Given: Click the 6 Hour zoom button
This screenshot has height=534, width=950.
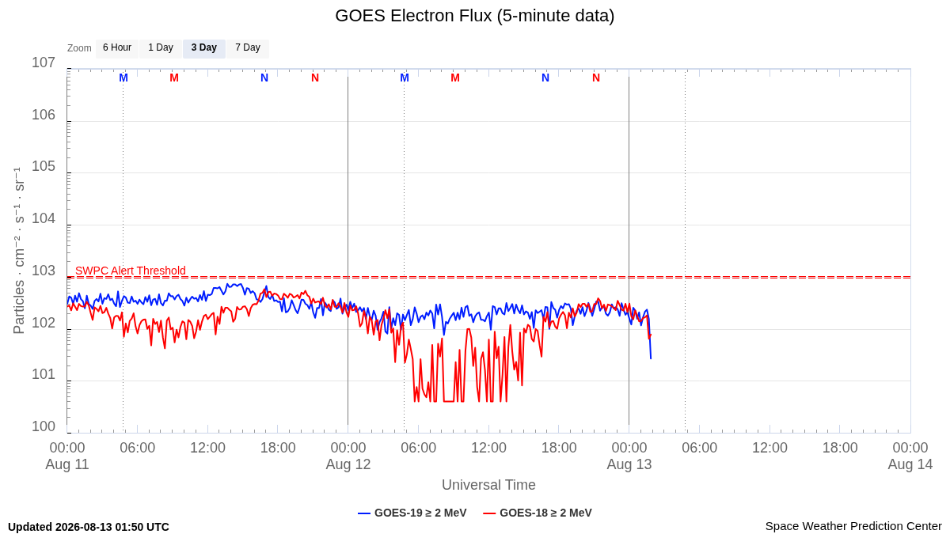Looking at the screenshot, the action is pos(117,48).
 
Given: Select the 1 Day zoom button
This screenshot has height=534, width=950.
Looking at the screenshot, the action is pos(161,48).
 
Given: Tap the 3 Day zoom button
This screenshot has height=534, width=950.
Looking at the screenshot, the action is pos(204,48).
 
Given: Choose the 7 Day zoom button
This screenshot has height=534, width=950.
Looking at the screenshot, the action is pos(248,48).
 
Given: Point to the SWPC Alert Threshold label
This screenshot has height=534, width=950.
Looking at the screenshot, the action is pos(131,271).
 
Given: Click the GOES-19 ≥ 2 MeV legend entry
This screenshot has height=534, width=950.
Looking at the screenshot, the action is pos(412,513).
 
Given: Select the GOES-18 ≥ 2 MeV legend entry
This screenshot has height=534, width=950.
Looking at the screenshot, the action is pos(538,513).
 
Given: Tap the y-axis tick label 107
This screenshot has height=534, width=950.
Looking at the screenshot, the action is pos(44,62).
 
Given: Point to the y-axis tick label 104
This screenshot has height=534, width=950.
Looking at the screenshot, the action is pos(44,218).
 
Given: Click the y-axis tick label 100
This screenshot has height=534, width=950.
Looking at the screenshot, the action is pos(44,426).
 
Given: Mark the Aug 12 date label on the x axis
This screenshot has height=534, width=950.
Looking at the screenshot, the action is pos(348,464).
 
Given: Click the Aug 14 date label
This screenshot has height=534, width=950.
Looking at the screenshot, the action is pos(910,464).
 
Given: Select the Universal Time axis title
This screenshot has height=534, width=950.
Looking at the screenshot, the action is pos(488,485).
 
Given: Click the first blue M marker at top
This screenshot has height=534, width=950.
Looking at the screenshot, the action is pos(123,78).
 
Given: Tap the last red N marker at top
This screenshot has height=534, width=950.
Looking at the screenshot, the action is pos(596,78).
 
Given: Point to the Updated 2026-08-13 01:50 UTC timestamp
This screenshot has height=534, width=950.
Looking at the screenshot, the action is pos(89,527).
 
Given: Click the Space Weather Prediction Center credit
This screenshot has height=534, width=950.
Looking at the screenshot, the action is pos(853,526).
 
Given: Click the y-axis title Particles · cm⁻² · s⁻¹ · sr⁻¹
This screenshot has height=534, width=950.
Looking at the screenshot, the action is pos(19,251).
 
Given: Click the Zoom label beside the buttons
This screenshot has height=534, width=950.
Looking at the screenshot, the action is pos(79,48).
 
